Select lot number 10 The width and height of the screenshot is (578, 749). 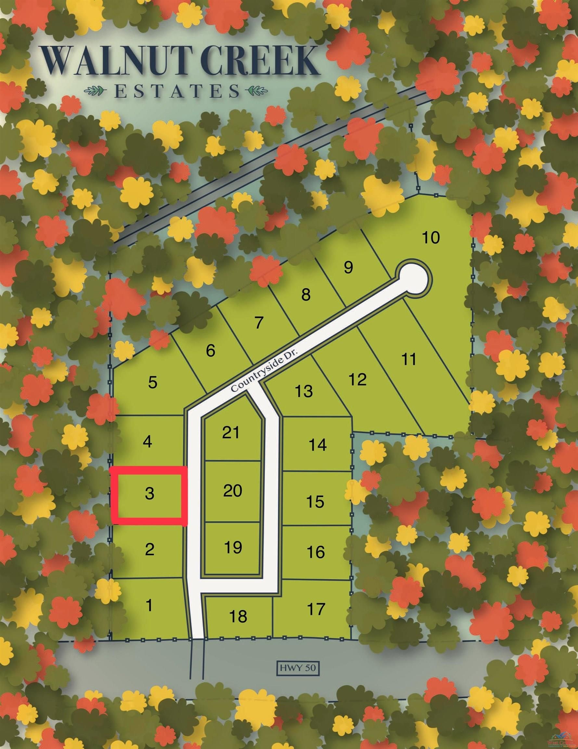(x=430, y=237)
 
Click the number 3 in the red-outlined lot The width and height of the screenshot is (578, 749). (x=149, y=493)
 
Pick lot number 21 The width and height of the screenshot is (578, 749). (x=231, y=432)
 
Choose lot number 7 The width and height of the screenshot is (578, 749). (x=259, y=322)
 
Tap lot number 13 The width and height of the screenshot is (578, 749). (x=303, y=391)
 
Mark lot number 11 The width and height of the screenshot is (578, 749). (x=409, y=359)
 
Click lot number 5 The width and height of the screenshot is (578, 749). (x=153, y=382)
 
